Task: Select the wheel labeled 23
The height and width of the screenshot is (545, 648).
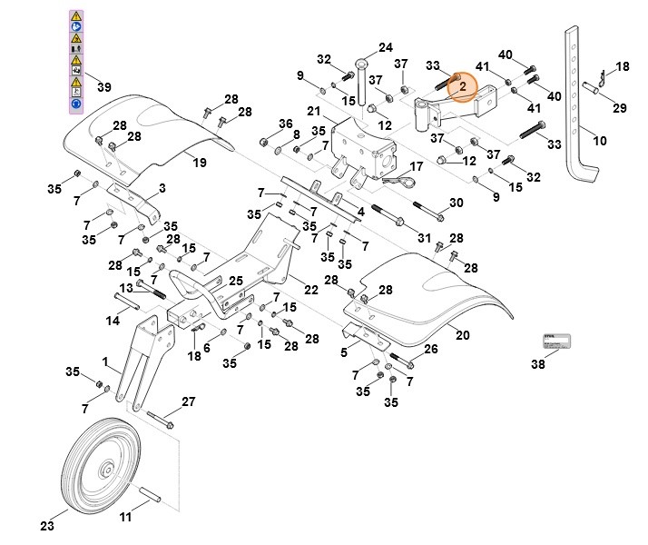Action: (105, 468)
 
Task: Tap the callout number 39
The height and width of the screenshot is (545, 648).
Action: (104, 87)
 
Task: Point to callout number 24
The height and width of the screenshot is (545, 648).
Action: (386, 47)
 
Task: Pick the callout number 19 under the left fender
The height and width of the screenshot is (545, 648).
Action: (199, 163)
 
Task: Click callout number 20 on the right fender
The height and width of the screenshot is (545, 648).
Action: (462, 335)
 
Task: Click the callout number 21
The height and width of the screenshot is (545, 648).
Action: (314, 111)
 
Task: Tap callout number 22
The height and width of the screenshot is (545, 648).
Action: (310, 290)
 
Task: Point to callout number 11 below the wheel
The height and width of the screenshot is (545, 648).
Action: (125, 518)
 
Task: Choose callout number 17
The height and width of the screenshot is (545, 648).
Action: (417, 167)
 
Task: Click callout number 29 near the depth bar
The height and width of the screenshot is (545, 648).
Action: (619, 108)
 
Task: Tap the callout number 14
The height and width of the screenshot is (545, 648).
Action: (113, 321)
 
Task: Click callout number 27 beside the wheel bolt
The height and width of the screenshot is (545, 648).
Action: (188, 401)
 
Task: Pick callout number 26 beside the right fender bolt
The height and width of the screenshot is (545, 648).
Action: (431, 349)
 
